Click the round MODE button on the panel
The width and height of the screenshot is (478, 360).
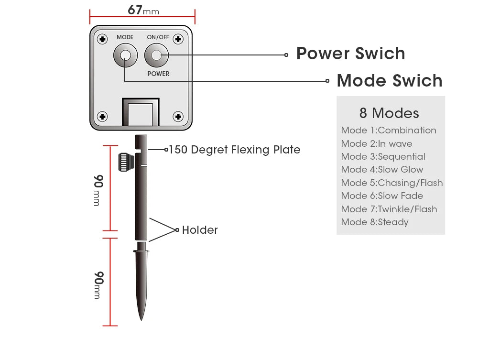125,56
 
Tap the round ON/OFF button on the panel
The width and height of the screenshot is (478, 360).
157,56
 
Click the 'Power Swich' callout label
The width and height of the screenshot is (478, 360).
350,54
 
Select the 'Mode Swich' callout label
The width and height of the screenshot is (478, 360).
390,81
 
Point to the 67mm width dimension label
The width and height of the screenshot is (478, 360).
143,11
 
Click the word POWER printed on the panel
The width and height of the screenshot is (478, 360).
158,74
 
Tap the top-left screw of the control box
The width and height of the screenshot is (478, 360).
102,39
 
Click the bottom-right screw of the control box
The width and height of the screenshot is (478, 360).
178,116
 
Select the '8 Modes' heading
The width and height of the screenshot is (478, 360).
389,113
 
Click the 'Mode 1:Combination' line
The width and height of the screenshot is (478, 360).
389,131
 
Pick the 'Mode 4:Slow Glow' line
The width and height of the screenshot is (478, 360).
382,170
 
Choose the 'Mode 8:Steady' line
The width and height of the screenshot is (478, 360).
375,222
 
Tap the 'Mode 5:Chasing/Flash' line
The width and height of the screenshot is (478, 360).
392,183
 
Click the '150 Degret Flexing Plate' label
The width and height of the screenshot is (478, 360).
234,150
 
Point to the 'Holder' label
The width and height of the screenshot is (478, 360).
200,230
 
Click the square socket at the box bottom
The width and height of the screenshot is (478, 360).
141,113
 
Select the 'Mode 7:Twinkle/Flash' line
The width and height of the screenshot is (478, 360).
389,209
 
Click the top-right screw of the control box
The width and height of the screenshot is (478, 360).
178,39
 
